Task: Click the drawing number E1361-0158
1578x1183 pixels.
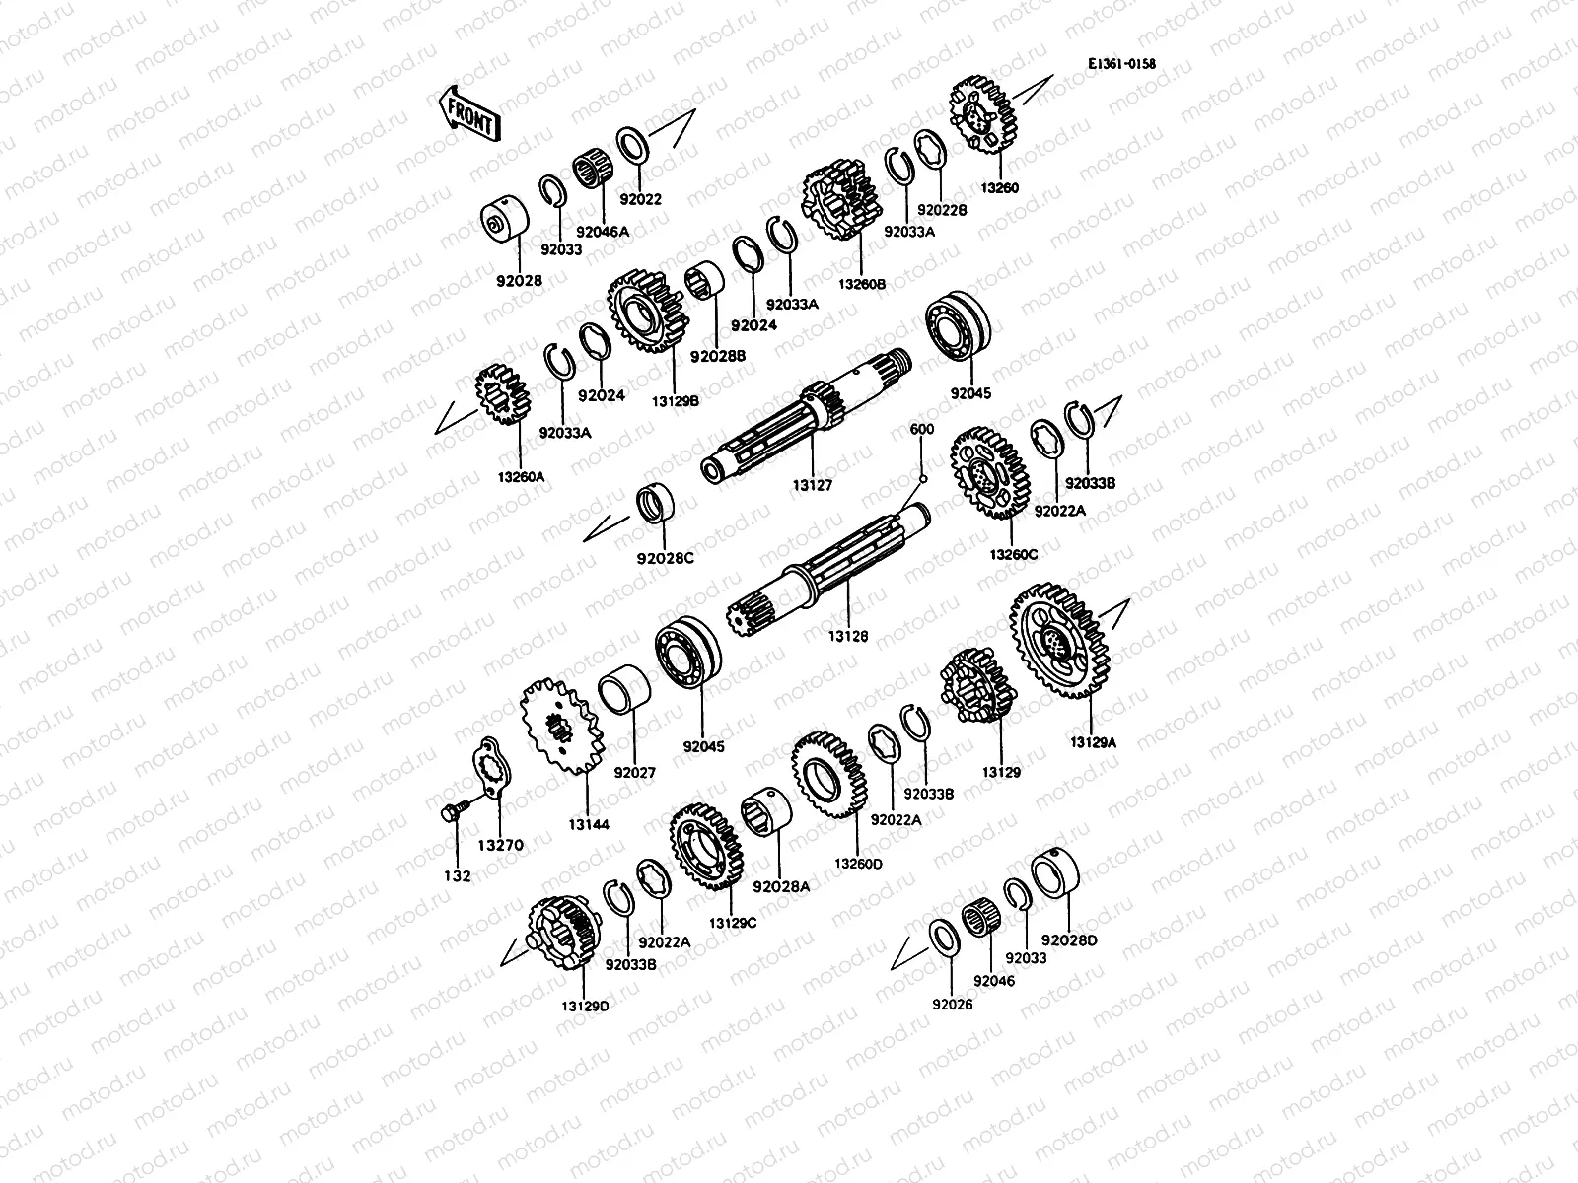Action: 1121,65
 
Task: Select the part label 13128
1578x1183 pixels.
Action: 847,638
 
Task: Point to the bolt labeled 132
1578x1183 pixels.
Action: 453,814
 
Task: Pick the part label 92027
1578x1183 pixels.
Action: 634,773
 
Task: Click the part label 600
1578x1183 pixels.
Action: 921,430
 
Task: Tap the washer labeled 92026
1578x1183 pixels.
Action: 943,937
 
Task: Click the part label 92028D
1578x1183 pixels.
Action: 1068,940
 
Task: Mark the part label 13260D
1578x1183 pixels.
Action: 858,864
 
